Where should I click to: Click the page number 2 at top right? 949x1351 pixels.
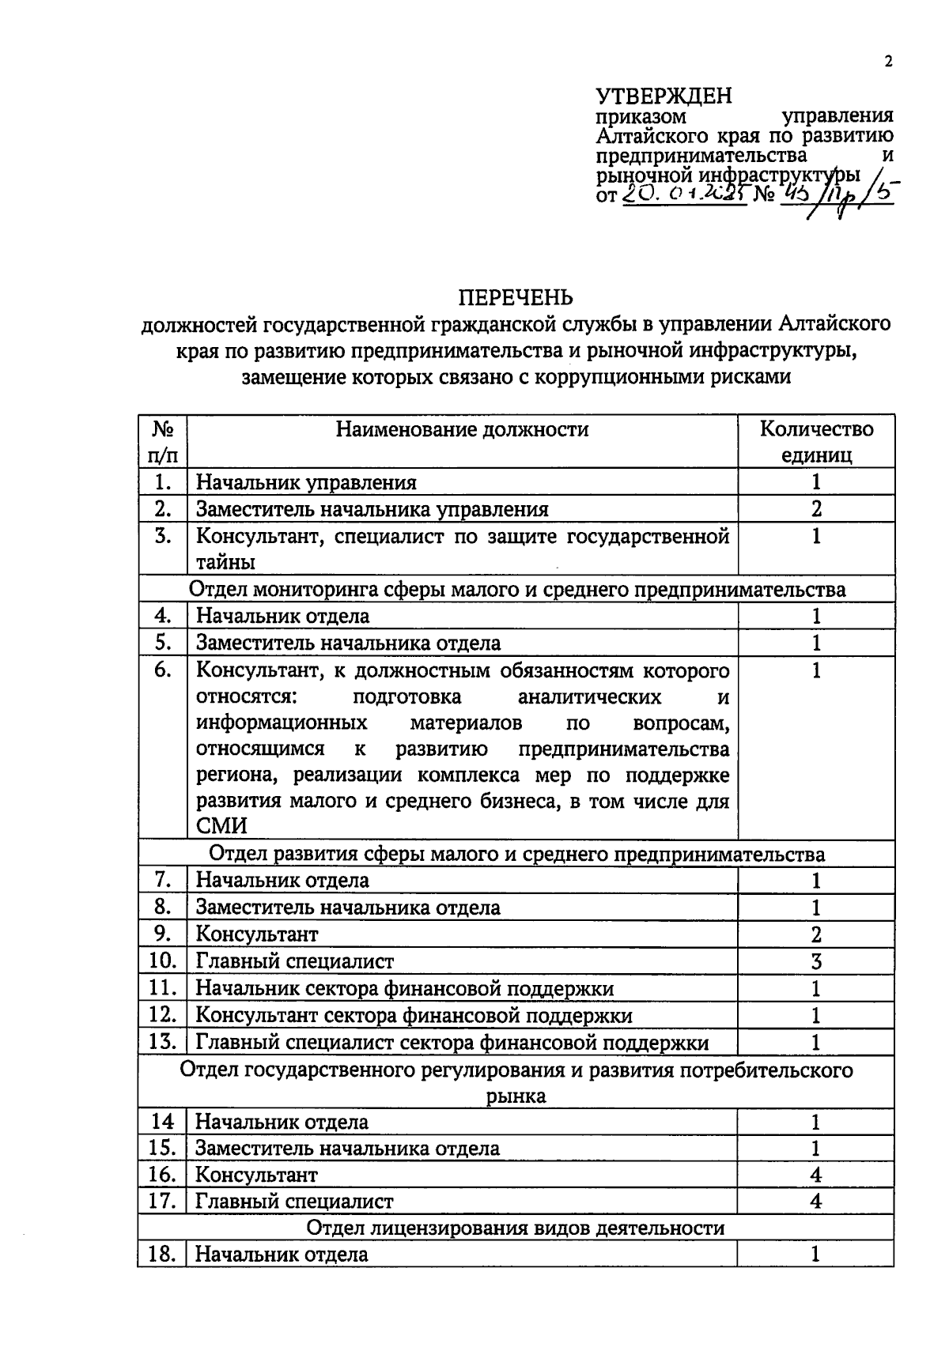tap(888, 62)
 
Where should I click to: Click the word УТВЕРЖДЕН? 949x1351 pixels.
tap(664, 96)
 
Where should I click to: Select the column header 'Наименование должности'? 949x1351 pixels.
tap(462, 429)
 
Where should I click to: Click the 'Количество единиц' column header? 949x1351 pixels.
tap(816, 442)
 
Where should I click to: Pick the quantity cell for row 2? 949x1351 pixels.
tap(816, 509)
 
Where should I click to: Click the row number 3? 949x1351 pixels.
tap(163, 536)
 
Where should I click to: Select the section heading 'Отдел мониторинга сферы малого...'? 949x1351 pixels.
tap(517, 589)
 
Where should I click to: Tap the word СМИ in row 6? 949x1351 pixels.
tap(221, 826)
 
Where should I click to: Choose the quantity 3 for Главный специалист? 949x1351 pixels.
tap(816, 961)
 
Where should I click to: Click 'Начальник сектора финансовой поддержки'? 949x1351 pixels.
tap(404, 988)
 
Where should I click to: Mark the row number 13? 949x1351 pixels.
tap(162, 1041)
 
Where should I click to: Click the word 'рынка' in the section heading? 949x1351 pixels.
tap(516, 1096)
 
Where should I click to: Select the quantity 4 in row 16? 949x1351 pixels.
tap(816, 1175)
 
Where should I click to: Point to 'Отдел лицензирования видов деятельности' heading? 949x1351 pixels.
tap(516, 1228)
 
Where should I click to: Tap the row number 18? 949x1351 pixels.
tap(162, 1254)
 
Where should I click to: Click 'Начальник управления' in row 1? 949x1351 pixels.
tap(306, 482)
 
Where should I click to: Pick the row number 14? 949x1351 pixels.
tap(162, 1122)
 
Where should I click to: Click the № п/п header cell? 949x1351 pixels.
tap(163, 442)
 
